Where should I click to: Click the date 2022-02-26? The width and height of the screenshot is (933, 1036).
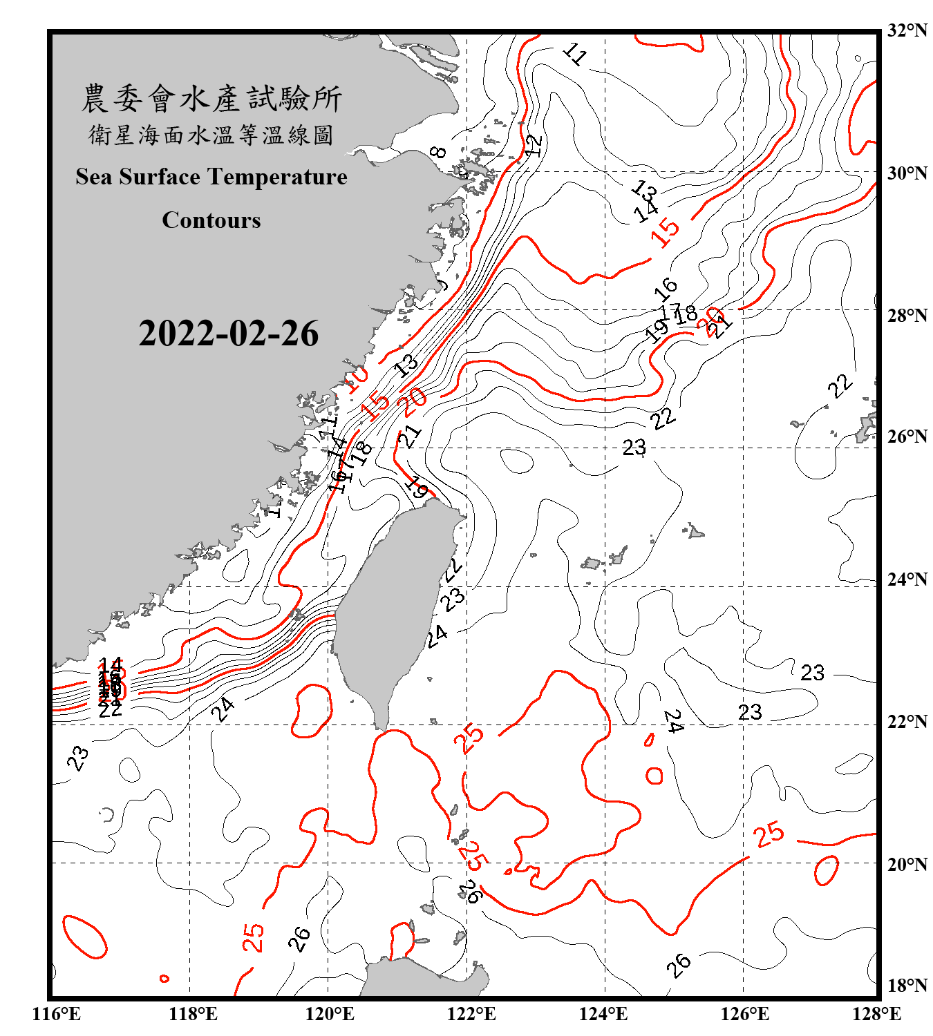point(228,334)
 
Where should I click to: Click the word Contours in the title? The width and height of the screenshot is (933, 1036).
point(211,220)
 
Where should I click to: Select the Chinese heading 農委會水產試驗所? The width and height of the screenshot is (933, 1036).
point(211,98)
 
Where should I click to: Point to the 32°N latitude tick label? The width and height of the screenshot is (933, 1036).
point(907,30)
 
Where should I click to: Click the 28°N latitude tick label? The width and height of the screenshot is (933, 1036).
point(907,316)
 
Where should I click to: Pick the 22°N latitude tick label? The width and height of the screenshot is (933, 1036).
point(907,722)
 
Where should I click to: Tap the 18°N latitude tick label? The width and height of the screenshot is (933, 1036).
point(907,986)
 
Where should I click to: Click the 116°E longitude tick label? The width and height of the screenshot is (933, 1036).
point(57,1014)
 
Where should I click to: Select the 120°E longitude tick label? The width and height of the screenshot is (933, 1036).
point(330,1014)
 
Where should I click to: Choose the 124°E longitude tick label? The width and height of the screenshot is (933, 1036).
point(603,1014)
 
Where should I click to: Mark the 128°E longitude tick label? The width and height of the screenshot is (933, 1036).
point(876,1014)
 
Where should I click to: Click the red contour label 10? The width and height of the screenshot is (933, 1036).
point(357,378)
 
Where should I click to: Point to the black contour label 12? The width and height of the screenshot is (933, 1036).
point(534,144)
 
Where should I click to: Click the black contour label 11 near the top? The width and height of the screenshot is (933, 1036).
point(575,53)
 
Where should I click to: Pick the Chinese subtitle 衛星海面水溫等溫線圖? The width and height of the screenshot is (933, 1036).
point(211,135)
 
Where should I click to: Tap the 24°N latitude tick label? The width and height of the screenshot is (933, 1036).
point(907,579)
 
